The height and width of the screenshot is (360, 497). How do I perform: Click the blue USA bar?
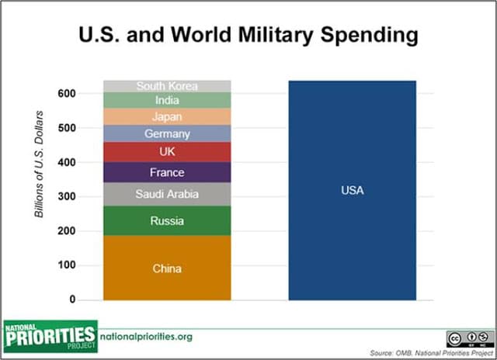(x=352, y=190)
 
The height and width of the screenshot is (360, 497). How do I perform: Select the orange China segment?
(x=167, y=268)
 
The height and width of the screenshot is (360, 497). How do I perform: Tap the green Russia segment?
(x=167, y=220)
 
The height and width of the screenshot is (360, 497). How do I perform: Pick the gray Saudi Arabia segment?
(x=167, y=194)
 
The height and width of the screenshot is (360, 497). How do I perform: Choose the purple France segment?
(x=167, y=172)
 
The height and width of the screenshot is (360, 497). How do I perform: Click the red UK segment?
(x=167, y=151)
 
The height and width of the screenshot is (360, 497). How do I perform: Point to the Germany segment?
(x=167, y=133)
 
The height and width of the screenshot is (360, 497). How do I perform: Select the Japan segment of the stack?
(x=167, y=116)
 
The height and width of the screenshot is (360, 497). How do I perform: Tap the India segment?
(x=167, y=100)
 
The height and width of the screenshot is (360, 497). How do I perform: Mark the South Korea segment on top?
(x=167, y=85)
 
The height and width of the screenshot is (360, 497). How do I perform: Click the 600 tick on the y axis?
(x=68, y=94)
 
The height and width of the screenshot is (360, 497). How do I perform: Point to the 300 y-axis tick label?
(x=68, y=197)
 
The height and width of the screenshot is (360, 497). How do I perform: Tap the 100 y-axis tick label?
(x=68, y=265)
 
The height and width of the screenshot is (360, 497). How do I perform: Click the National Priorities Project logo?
(x=50, y=335)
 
